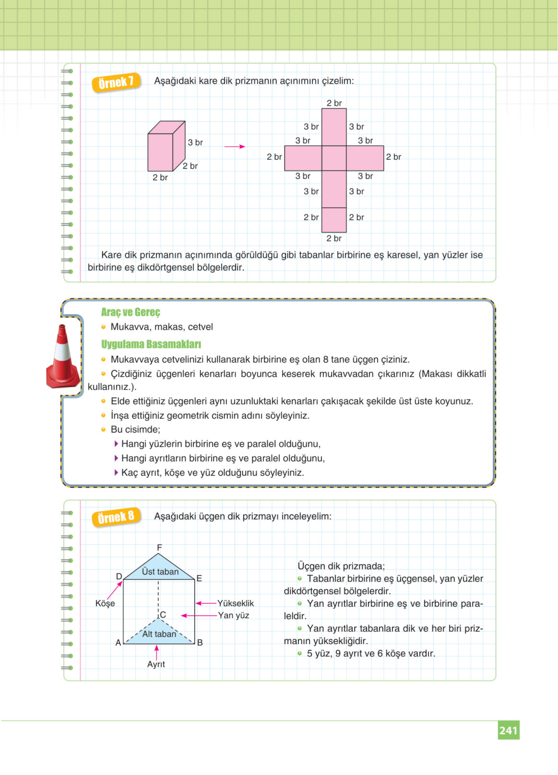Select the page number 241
point(508,730)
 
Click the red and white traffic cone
point(63,357)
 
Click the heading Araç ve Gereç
point(130,312)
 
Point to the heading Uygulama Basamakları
point(151,344)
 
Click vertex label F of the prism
point(159,547)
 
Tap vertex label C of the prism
point(163,615)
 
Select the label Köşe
point(105,603)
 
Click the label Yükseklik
point(235,603)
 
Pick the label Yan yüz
point(233,615)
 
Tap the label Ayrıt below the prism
point(156,664)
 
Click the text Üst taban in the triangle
point(160,571)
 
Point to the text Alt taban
point(159,634)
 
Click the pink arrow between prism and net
point(235,147)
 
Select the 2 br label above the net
point(334,103)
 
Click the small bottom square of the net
point(334,220)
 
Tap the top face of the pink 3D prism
point(166,128)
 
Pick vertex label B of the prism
point(200,642)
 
